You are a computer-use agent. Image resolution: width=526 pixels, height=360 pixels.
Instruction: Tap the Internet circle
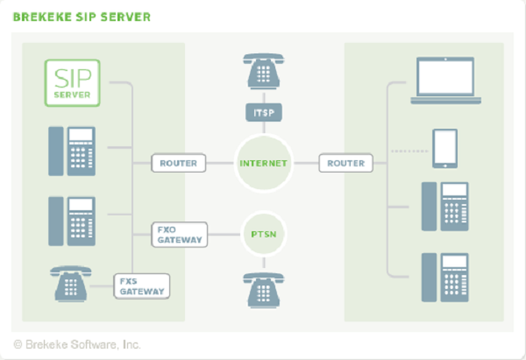click(x=263, y=163)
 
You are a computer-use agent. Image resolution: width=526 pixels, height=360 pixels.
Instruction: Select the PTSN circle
click(x=263, y=235)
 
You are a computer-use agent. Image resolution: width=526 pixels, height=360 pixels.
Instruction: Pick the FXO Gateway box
click(x=179, y=235)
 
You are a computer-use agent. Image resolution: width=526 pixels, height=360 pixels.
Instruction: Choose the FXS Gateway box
click(x=142, y=285)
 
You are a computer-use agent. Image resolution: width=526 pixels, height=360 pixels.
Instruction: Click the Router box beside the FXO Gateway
click(x=179, y=163)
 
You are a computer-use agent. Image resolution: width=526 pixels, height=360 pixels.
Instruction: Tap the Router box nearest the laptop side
click(x=345, y=163)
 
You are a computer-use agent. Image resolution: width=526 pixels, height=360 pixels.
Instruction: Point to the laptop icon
click(x=445, y=79)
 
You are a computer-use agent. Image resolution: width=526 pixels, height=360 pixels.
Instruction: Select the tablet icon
click(x=445, y=149)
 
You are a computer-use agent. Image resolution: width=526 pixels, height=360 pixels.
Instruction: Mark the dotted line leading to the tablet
click(x=407, y=151)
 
